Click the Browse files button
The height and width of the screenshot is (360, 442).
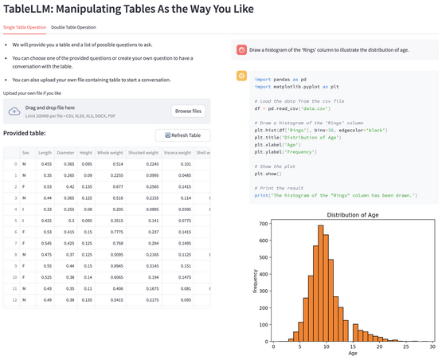point(188,111)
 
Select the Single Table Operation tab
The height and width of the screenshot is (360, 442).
point(25,27)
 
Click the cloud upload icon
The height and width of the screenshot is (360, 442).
point(14,111)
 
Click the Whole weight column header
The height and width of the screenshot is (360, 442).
point(108,152)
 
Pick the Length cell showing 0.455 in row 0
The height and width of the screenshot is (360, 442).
point(45,163)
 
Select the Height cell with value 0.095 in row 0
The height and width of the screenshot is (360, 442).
point(85,163)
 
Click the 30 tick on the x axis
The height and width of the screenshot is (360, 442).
point(431,347)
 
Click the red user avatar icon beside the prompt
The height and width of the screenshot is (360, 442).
point(241,49)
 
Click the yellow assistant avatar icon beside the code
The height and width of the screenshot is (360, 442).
point(241,75)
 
